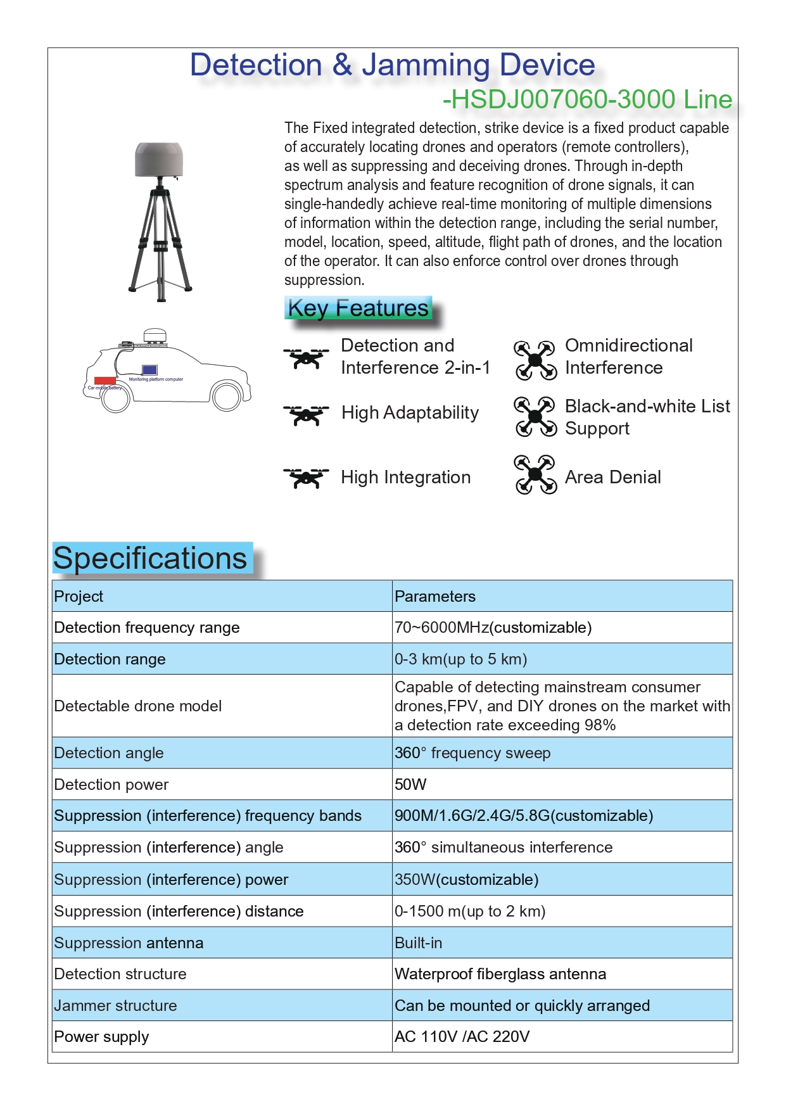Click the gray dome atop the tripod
(159, 160)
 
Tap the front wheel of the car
(226, 397)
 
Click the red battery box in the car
(105, 381)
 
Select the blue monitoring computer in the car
(149, 369)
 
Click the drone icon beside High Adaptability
(307, 415)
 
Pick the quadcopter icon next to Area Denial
(535, 474)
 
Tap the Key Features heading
(358, 308)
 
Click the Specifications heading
(151, 559)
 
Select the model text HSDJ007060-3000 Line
(587, 99)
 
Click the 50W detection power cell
(410, 785)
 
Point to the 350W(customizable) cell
(467, 880)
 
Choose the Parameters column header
(435, 597)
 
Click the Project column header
(79, 597)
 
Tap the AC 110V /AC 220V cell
(462, 1037)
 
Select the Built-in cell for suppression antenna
(419, 943)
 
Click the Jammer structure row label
(116, 1006)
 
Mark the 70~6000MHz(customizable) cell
(493, 628)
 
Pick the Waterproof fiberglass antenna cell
(500, 974)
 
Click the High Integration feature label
(406, 478)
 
